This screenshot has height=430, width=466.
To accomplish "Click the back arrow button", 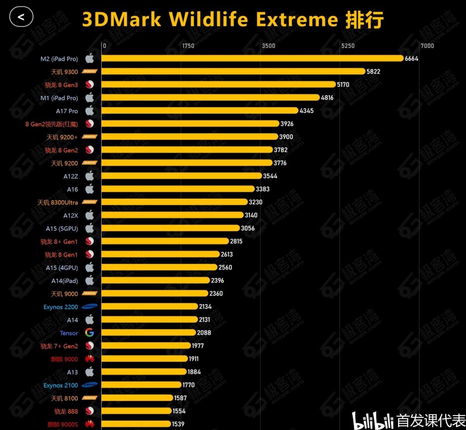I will click(21, 17).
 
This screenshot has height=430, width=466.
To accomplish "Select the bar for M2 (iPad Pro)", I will click(252, 58).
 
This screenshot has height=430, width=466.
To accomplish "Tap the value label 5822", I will click(373, 72).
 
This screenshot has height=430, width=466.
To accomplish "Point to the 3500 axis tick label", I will click(268, 46).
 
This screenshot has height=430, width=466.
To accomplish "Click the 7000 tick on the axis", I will click(427, 46).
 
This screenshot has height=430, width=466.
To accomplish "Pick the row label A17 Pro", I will click(67, 111).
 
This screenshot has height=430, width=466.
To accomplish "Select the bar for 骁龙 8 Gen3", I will click(218, 84).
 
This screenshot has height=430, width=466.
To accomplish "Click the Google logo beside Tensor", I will click(90, 333).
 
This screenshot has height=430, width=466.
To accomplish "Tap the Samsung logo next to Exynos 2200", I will click(90, 307).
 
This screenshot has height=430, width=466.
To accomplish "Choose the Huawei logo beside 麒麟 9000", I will click(90, 359).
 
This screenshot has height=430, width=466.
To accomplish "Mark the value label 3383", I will click(263, 189).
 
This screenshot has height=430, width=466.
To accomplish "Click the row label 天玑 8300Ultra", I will click(57, 203).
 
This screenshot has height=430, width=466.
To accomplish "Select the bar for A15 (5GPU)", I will click(170, 228).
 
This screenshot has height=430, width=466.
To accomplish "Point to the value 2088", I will click(204, 333).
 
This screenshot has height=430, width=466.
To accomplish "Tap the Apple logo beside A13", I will click(90, 372).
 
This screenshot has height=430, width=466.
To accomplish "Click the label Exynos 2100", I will click(61, 385).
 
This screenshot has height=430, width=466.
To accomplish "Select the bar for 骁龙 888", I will click(136, 411).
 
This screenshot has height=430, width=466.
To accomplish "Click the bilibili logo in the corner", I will click(372, 421).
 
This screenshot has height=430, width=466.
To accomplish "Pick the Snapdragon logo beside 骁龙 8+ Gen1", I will click(90, 241).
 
